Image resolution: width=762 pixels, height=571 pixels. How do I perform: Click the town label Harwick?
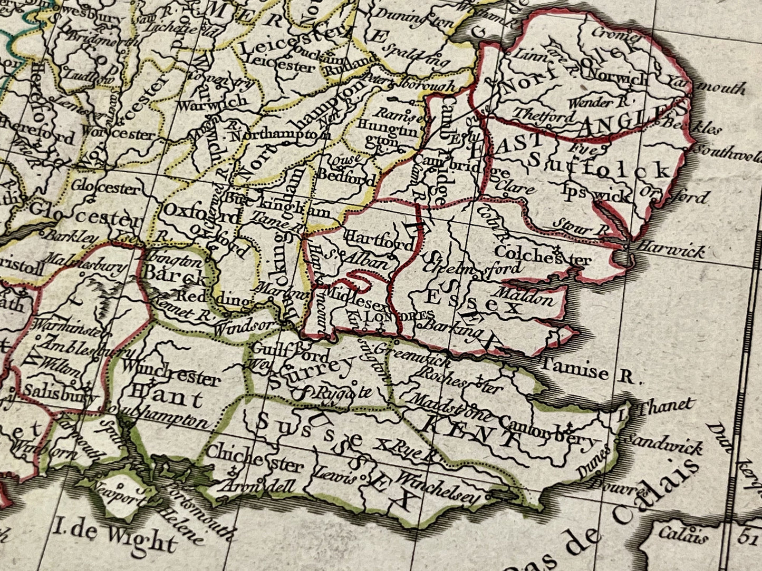(670, 249)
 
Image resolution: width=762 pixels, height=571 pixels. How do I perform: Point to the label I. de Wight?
(116, 538)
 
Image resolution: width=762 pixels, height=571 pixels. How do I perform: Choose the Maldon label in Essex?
(525, 297)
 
